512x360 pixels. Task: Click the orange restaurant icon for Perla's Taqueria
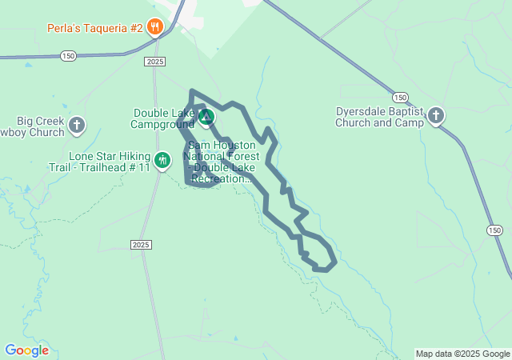(x=155, y=27)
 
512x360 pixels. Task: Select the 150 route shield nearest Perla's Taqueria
(x=69, y=55)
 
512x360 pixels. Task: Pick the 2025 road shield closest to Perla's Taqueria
(x=156, y=62)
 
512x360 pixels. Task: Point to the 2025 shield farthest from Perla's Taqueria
(x=140, y=244)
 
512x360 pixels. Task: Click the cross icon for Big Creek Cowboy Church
(x=77, y=124)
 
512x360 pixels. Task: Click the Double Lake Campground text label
(x=164, y=119)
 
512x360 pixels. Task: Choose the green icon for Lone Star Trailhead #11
(x=162, y=161)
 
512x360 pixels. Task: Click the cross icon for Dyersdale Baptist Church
(x=436, y=116)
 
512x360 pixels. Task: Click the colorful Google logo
(x=27, y=350)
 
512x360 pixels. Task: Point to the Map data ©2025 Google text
(x=462, y=354)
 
